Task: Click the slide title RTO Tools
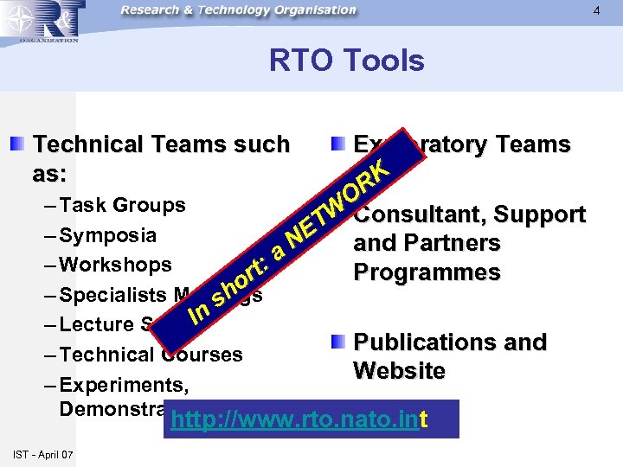click(x=346, y=61)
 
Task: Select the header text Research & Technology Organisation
click(x=238, y=10)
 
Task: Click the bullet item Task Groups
click(x=124, y=205)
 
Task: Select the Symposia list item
click(x=109, y=235)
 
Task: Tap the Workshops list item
click(x=116, y=265)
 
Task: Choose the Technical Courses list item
click(x=151, y=354)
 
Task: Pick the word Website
click(x=399, y=371)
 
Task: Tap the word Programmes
click(x=427, y=272)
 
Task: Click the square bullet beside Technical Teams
click(x=18, y=144)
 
